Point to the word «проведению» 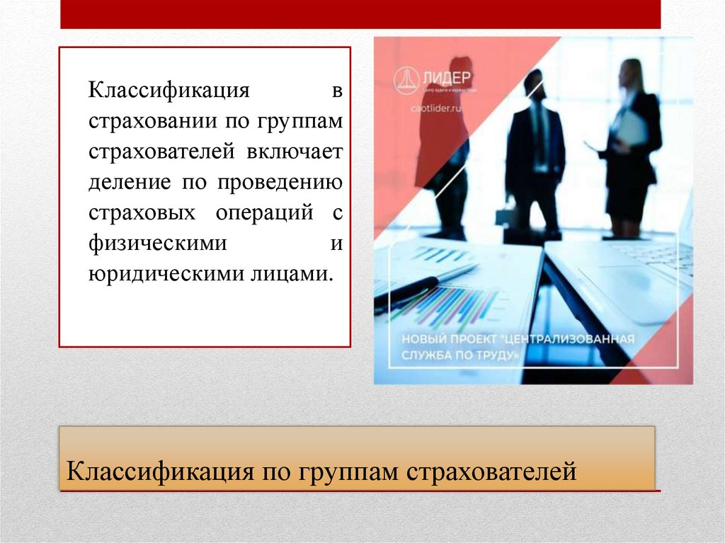282,183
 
